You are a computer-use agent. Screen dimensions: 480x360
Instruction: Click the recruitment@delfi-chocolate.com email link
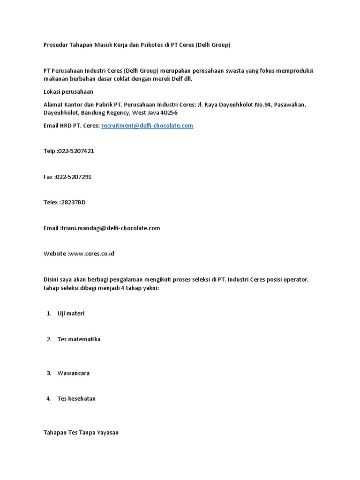[x=147, y=126]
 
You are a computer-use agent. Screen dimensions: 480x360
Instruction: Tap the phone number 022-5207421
[x=75, y=151]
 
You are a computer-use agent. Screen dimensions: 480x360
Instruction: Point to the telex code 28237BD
[x=73, y=202]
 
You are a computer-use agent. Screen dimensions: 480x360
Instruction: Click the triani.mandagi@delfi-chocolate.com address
[x=110, y=228]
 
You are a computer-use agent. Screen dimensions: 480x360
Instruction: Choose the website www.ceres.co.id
[x=91, y=254]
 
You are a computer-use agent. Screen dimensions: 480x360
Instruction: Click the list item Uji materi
[x=71, y=314]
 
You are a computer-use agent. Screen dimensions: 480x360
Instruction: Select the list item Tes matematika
[x=79, y=339]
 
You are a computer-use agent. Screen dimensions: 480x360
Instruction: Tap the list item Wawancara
[x=73, y=373]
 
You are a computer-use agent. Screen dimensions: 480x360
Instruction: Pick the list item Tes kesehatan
[x=76, y=399]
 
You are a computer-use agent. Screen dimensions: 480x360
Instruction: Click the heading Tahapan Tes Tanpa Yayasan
[x=81, y=433]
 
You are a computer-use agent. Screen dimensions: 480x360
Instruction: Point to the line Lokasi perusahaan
[x=68, y=92]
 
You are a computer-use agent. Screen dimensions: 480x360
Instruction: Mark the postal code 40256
[x=169, y=113]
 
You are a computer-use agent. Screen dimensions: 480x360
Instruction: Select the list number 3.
[x=49, y=373]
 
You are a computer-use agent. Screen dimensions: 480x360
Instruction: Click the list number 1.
[x=49, y=314]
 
